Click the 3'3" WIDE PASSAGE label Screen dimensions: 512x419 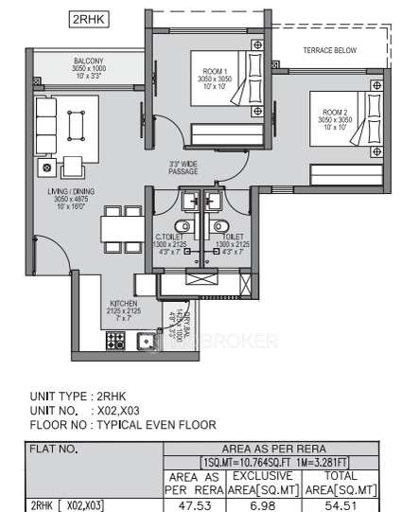[x=183, y=168]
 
